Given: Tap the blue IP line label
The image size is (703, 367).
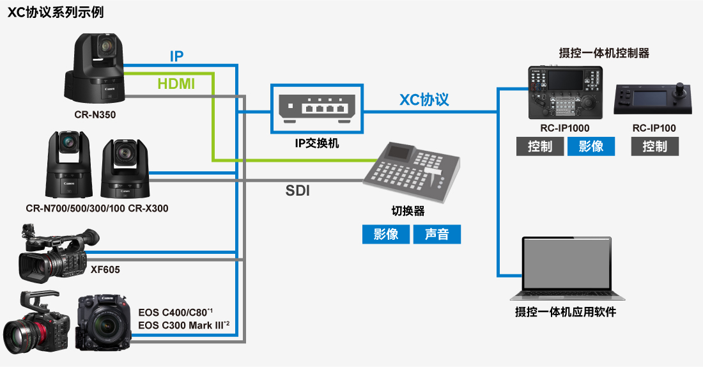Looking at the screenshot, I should pos(177,56).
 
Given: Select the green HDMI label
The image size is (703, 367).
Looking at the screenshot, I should pos(176,84).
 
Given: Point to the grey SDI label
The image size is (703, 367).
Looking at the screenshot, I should pos(297,190).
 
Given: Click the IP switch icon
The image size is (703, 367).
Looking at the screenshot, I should pos(316,109).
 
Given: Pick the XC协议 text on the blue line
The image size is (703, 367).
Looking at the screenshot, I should pos(424,99).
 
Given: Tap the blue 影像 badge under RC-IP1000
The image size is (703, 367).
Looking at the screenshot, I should pos(591,146).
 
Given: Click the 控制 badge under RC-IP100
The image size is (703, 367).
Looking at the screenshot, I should pos(654,146).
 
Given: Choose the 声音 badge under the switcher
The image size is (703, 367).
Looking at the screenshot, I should pos(437,234).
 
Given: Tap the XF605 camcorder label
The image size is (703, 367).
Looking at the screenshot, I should pos(105,270).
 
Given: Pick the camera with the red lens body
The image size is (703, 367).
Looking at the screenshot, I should pos(35,326).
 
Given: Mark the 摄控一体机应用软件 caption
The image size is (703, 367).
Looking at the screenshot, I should pos(566,313).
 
